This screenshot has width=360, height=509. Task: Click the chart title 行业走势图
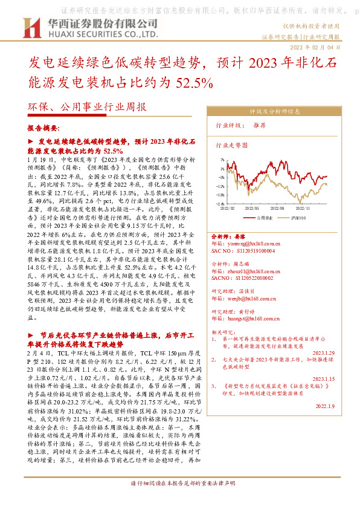tap(232, 146)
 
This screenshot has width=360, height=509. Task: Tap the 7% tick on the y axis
tap(222, 160)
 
